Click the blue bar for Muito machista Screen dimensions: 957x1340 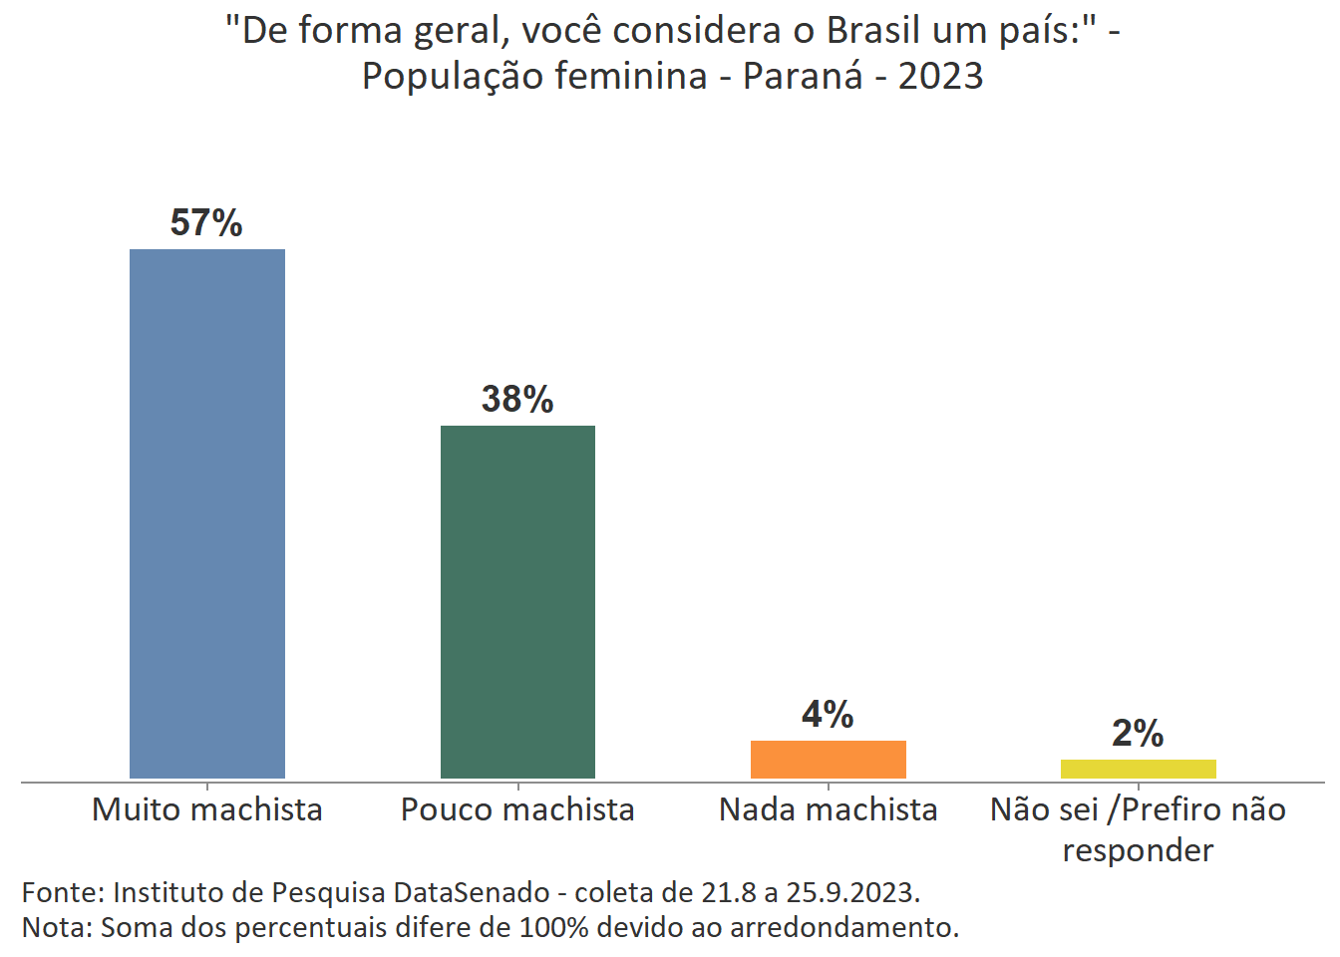click(207, 513)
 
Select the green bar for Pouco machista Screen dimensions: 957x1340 click(517, 601)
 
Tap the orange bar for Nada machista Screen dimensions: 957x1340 click(828, 759)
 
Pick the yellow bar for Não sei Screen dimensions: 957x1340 click(1138, 769)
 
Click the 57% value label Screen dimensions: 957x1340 click(206, 222)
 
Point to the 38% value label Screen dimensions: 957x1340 click(517, 399)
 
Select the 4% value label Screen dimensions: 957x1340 click(828, 714)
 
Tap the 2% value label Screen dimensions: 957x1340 click(1138, 734)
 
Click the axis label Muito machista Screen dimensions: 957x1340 click(207, 809)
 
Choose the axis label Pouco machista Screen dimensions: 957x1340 click(517, 809)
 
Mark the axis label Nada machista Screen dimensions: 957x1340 click(828, 809)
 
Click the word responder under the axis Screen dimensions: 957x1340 click(1138, 850)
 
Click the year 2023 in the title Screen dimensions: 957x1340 click(940, 76)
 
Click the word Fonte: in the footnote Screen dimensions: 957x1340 click(62, 891)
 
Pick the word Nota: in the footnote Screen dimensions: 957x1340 click(57, 927)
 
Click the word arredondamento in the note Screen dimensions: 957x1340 click(842, 927)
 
